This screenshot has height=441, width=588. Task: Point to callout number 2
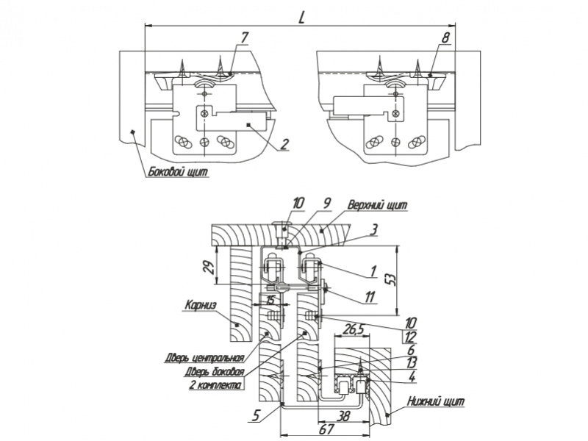coord(284,143)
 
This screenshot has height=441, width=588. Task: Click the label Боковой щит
coord(178,173)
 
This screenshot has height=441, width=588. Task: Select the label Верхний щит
coord(378,204)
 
